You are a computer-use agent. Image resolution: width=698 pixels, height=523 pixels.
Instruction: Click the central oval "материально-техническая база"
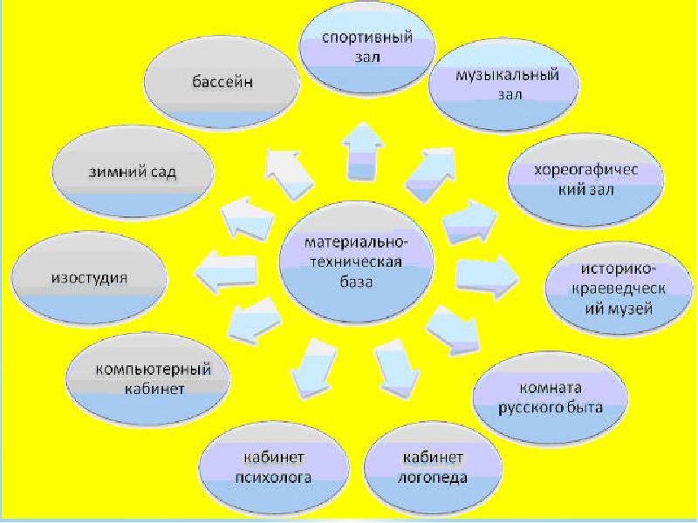[x=355, y=261]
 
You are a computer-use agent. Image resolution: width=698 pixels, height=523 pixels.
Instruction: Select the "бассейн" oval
[x=222, y=85]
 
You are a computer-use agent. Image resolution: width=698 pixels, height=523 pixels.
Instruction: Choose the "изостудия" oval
[x=90, y=278]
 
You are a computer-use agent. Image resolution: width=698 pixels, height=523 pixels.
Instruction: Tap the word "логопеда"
[x=435, y=479]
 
